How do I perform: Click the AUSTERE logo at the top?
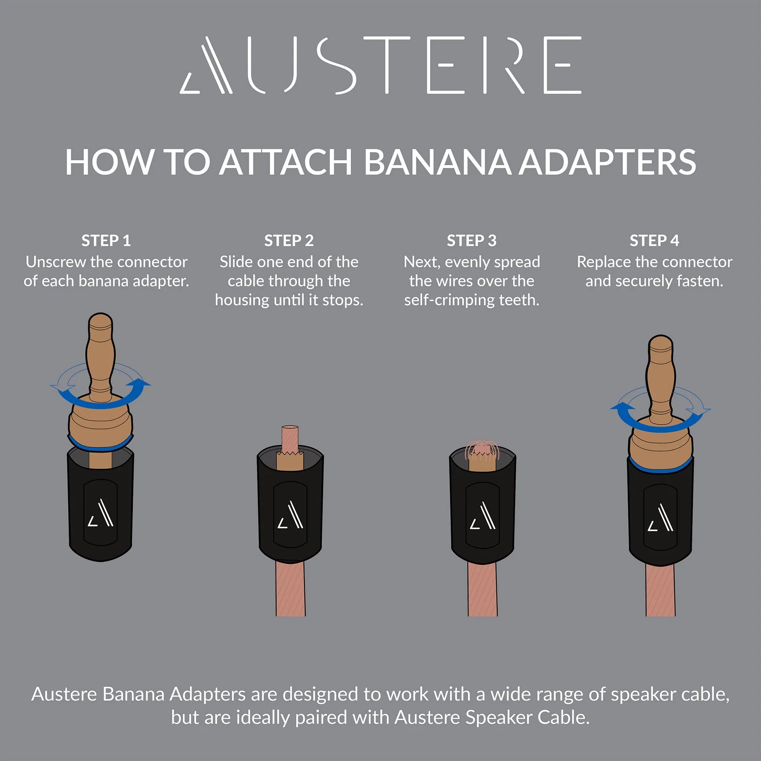click(x=380, y=65)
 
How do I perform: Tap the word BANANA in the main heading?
click(x=437, y=162)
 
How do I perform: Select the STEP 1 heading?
click(x=106, y=241)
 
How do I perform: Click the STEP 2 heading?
click(x=289, y=241)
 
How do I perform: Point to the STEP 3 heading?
click(x=472, y=241)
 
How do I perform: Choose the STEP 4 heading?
click(x=654, y=241)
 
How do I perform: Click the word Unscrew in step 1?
click(x=56, y=262)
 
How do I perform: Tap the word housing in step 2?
click(x=242, y=300)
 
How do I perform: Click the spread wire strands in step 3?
click(x=482, y=450)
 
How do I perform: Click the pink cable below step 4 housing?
click(x=660, y=590)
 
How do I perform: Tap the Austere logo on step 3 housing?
click(x=483, y=515)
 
